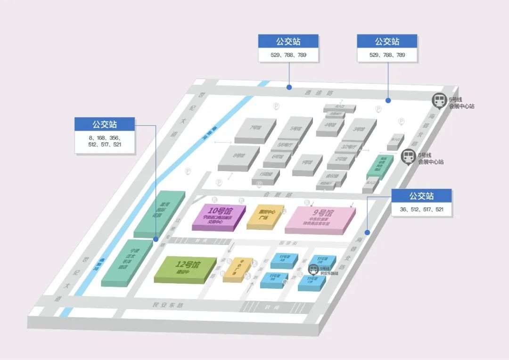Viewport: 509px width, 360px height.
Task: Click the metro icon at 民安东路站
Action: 313,269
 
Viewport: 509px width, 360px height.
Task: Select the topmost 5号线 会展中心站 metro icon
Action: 439,100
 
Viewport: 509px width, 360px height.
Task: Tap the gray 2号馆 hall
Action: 338,159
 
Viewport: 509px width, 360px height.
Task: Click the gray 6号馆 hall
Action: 277,156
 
